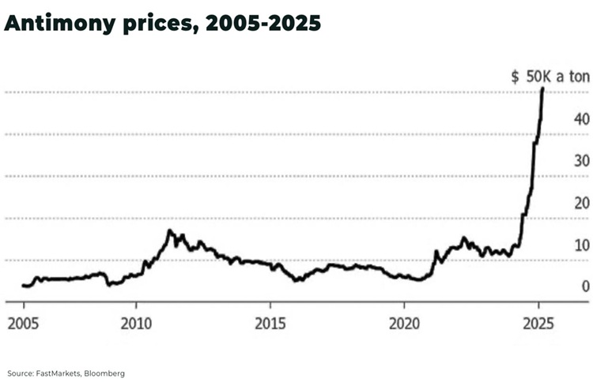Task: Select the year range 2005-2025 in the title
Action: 263,24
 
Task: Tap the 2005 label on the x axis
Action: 24,324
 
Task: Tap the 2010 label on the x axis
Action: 135,324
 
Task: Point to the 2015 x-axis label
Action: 270,324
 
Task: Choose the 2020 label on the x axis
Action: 404,324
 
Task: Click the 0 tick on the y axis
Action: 585,286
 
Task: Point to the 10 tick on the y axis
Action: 581,245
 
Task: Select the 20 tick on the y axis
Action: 581,203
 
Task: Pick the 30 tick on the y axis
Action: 581,161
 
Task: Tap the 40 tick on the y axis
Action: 581,119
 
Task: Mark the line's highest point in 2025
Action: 542,88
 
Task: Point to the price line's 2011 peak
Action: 169,230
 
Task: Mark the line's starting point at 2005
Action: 24,286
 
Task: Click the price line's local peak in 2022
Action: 463,238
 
